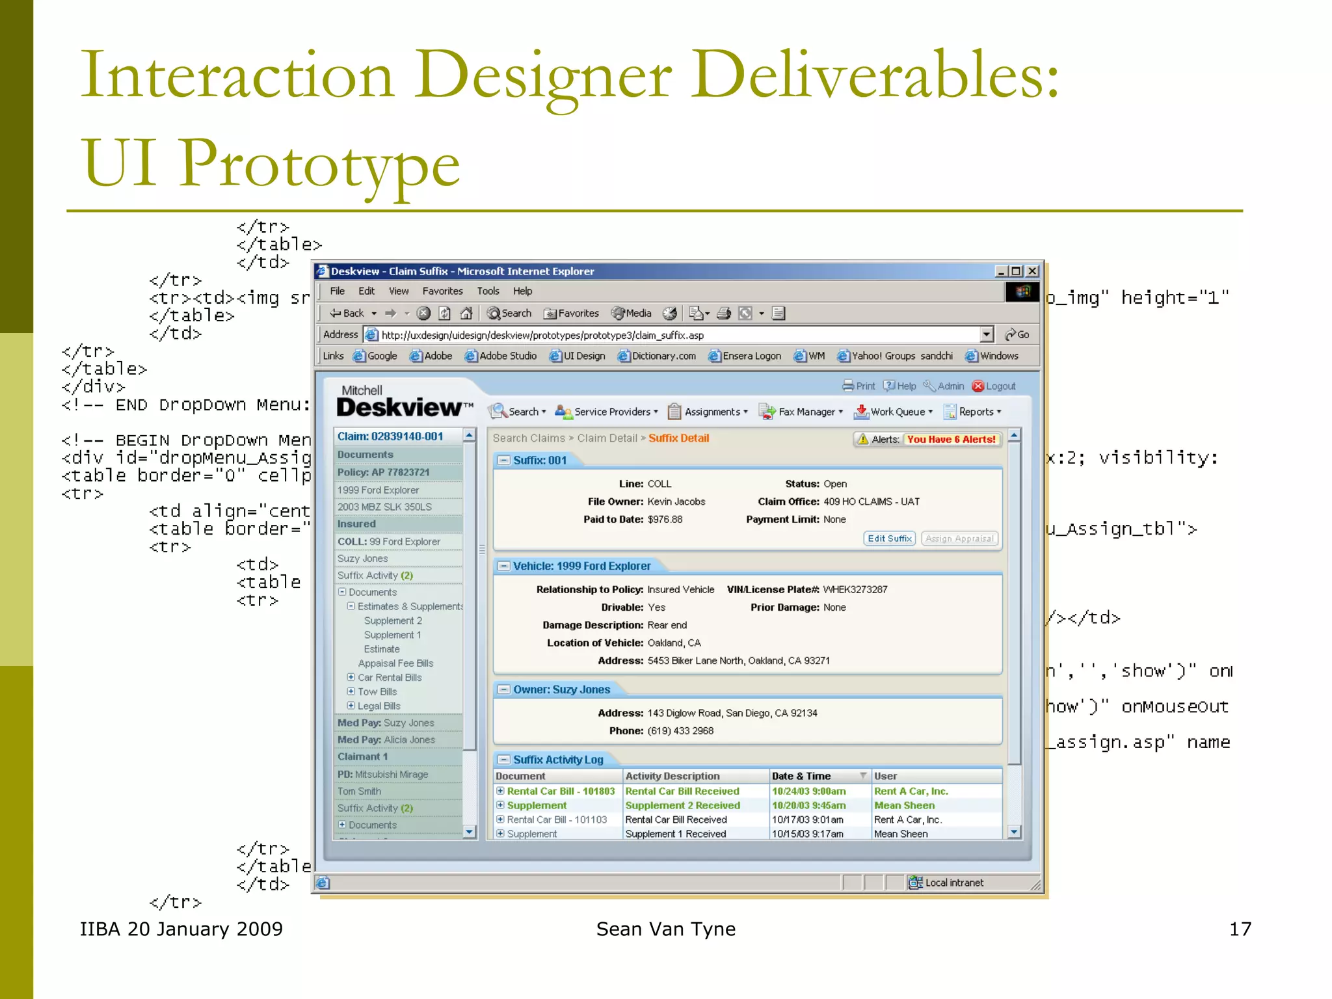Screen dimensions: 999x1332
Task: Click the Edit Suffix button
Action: (889, 539)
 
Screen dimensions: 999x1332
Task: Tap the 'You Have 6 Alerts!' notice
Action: (951, 440)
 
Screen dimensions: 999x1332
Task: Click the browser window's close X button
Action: (1032, 271)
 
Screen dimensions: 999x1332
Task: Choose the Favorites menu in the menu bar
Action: (442, 291)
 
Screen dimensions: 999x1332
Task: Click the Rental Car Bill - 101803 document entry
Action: (560, 792)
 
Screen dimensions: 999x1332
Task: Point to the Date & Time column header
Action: (801, 776)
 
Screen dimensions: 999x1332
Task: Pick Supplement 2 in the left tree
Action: (393, 621)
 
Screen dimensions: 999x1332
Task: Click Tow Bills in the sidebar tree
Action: (377, 692)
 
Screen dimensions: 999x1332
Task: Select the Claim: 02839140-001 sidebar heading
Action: (390, 436)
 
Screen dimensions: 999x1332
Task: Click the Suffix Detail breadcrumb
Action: (678, 438)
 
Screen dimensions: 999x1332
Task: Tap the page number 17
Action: (1240, 929)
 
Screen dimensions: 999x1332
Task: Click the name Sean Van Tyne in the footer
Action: (665, 929)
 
